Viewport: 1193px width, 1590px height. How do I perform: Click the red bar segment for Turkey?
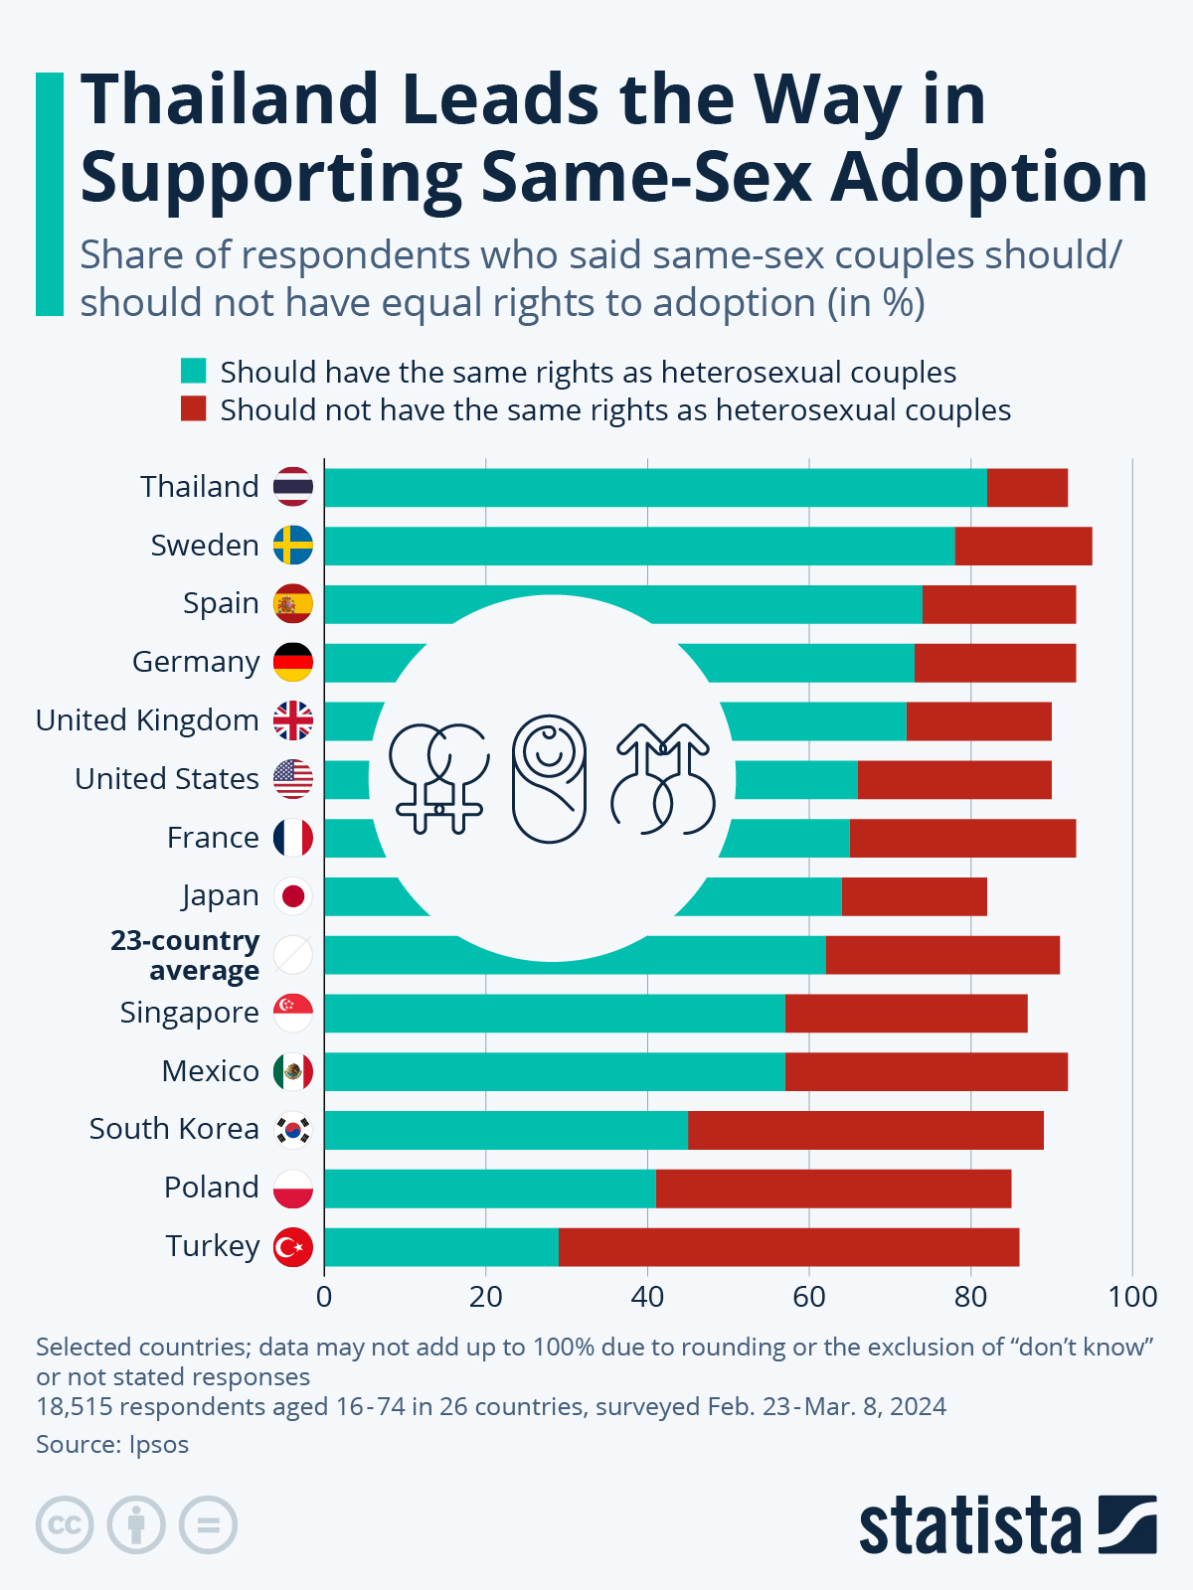[788, 1247]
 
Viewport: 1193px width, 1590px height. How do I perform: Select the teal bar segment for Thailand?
[655, 487]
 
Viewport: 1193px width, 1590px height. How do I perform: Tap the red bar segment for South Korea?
[865, 1130]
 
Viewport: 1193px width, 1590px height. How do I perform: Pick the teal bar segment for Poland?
[490, 1189]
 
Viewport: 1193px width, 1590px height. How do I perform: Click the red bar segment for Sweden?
[1023, 546]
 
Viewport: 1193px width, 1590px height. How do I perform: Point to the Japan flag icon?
[293, 896]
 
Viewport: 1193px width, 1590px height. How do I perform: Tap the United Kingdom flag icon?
[293, 720]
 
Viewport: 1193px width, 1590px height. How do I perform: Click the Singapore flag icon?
[293, 1014]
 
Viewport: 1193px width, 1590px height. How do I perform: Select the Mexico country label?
[210, 1071]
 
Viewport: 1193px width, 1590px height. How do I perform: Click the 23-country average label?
[186, 955]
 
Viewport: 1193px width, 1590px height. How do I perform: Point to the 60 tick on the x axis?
[809, 1297]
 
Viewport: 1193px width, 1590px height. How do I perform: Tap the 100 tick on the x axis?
[1133, 1297]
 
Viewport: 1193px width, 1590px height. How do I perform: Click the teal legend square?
[193, 372]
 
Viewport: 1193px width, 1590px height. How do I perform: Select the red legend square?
[193, 409]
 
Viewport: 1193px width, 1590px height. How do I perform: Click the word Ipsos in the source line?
[159, 1444]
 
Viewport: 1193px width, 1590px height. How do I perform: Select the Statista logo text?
[969, 1526]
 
